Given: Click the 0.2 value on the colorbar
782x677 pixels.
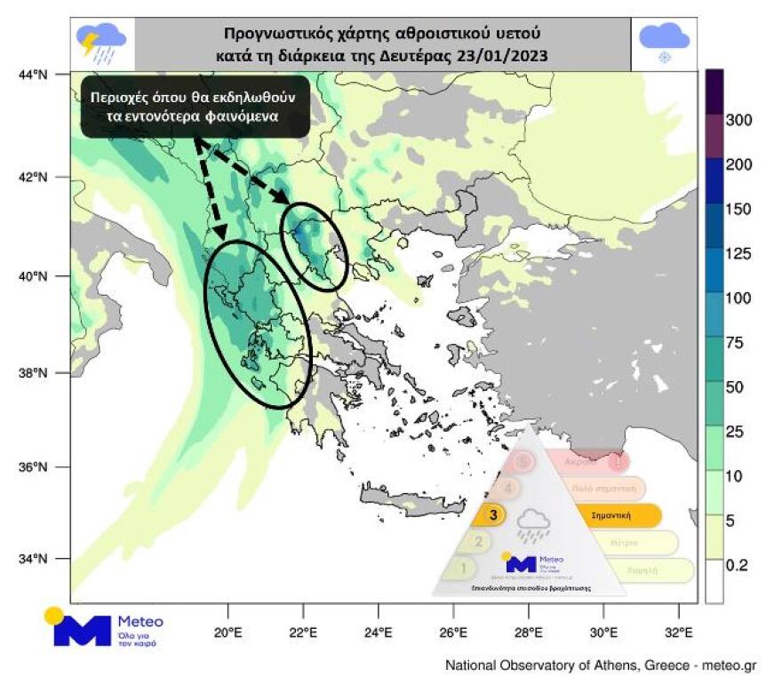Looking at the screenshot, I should (738, 565).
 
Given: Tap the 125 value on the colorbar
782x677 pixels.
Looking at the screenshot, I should (739, 254).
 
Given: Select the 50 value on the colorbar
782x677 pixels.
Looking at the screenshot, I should (737, 387).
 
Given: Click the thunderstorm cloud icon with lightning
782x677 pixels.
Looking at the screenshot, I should (101, 44).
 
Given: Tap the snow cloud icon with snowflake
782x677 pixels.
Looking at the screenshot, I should (664, 43).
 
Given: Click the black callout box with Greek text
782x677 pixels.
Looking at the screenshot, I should (195, 107).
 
